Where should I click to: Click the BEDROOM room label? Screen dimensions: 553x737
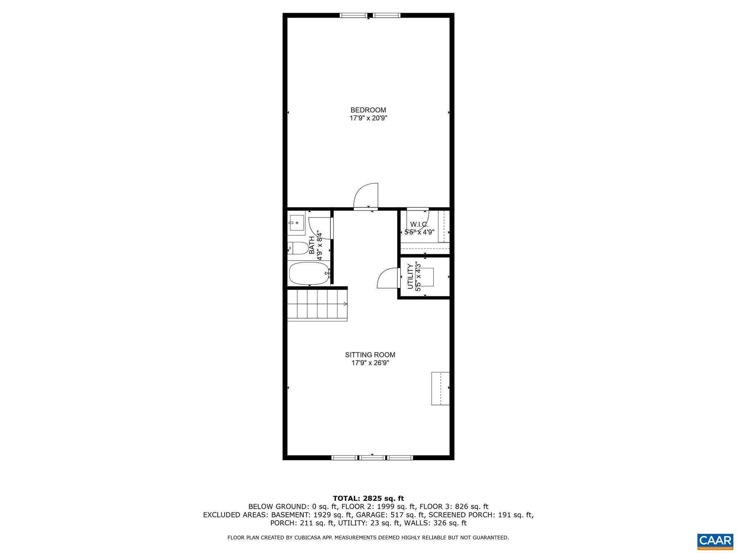368,110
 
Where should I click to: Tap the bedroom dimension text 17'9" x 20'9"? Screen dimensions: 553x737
368,118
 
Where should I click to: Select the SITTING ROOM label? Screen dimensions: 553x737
370,355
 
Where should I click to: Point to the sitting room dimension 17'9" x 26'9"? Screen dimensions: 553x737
370,363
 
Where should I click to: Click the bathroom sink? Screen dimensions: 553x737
296,223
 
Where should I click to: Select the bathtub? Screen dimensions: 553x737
309,273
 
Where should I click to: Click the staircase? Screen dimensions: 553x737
317,305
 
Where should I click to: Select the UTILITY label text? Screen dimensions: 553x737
410,276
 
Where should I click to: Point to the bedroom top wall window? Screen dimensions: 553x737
370,15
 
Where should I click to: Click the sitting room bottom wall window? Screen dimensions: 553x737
372,458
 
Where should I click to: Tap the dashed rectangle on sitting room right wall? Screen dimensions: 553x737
440,388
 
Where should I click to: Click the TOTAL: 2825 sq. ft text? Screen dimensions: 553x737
368,498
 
